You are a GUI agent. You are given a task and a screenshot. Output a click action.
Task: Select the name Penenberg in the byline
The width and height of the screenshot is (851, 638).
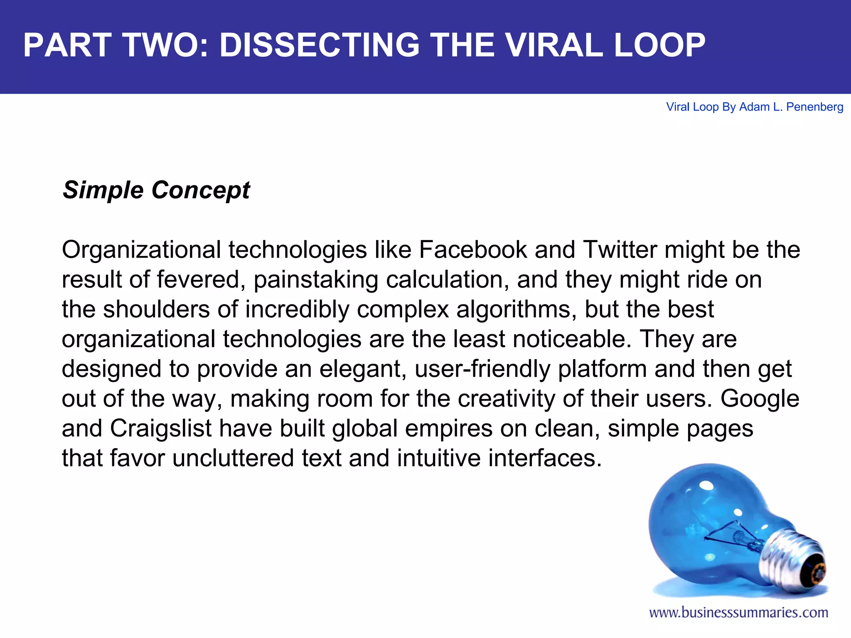point(814,107)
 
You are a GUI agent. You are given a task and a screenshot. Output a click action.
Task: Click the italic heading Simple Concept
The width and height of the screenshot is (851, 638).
point(156,190)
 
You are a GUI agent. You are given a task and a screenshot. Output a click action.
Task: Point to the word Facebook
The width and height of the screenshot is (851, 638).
point(473,250)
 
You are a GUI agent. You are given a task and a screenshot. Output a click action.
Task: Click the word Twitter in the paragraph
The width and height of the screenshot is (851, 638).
point(620,250)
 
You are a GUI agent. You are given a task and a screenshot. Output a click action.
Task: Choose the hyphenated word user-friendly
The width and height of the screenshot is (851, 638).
point(482,369)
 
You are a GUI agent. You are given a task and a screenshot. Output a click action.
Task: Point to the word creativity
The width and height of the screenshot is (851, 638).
point(507,399)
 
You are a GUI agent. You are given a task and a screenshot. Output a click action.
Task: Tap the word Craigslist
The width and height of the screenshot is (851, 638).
point(161,428)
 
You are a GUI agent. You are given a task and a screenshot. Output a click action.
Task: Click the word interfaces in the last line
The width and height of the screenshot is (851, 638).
point(545,458)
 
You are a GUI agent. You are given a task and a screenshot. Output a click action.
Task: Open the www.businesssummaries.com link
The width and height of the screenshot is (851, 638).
point(738,613)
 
